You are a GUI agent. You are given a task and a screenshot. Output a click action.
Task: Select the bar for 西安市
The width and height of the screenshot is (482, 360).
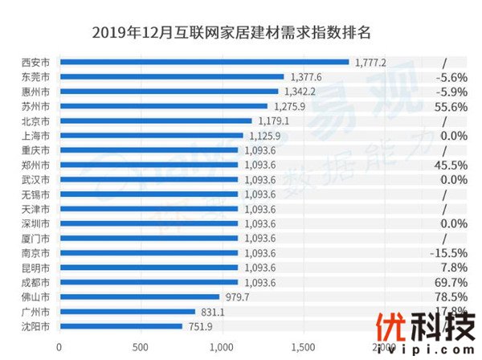pos(204,62)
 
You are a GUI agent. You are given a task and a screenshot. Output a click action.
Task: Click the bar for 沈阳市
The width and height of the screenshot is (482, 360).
pos(120,327)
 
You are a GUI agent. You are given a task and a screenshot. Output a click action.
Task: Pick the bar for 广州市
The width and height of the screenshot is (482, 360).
pos(127,312)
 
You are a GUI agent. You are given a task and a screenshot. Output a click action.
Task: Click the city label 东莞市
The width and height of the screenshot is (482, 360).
pos(36,77)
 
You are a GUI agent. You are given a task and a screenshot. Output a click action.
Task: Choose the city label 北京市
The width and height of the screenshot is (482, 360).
pos(36,121)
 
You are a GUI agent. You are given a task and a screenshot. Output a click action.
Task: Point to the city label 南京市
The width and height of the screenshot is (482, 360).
pos(36,253)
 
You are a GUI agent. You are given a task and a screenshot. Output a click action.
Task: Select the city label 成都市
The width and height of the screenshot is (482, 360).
pos(36,283)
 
